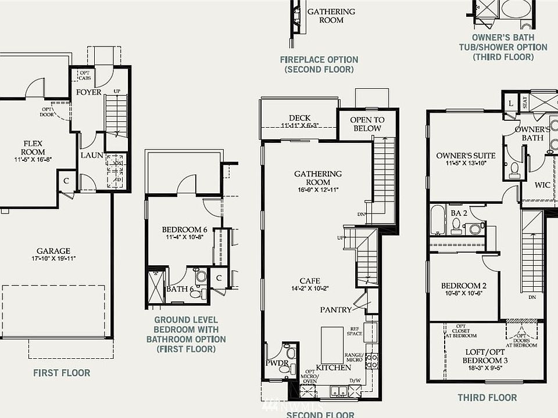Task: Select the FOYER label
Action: tap(88, 92)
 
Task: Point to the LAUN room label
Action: tap(92, 155)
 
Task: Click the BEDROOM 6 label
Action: tap(184, 229)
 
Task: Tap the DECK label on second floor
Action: tap(299, 118)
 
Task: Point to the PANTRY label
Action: tap(336, 310)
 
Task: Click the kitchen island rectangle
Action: tap(332, 344)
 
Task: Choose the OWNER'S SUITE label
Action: tap(466, 156)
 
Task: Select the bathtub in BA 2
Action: tap(438, 219)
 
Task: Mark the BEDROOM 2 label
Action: tap(463, 286)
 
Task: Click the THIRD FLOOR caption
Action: tap(487, 398)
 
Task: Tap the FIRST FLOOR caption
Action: tap(61, 373)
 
